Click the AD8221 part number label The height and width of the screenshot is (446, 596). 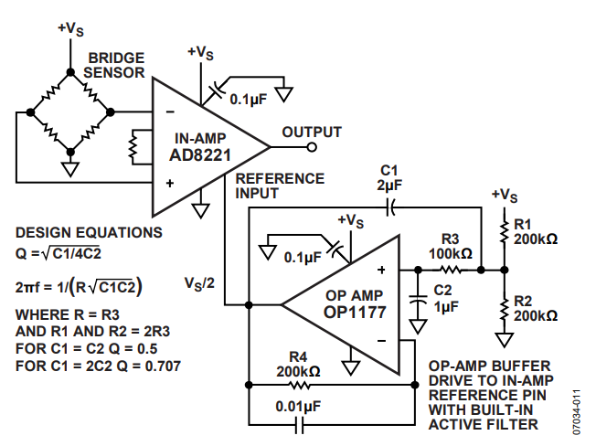[x=200, y=155]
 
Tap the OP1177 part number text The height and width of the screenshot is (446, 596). [x=355, y=313]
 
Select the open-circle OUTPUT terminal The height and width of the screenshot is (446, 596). [x=312, y=147]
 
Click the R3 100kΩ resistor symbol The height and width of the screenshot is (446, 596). [x=451, y=271]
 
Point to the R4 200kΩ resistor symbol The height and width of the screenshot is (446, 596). [x=300, y=385]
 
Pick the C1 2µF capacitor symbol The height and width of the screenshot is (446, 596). [x=390, y=207]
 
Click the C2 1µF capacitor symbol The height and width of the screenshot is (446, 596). [x=418, y=299]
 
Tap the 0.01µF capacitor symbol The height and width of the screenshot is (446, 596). [x=300, y=424]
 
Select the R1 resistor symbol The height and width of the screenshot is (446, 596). [x=504, y=230]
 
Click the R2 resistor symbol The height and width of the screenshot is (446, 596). [x=504, y=310]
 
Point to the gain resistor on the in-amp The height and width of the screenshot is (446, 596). [x=133, y=147]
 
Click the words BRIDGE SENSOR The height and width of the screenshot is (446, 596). [x=114, y=65]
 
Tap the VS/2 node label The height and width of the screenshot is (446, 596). [x=199, y=283]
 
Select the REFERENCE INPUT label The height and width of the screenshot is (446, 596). [x=280, y=186]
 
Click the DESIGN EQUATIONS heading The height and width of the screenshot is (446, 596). [x=89, y=232]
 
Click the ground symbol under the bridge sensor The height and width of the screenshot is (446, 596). [x=70, y=169]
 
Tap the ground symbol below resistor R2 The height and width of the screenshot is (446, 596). [x=504, y=340]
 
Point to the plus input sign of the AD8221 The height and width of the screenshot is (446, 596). [x=170, y=183]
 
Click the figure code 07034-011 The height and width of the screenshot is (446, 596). [x=577, y=412]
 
